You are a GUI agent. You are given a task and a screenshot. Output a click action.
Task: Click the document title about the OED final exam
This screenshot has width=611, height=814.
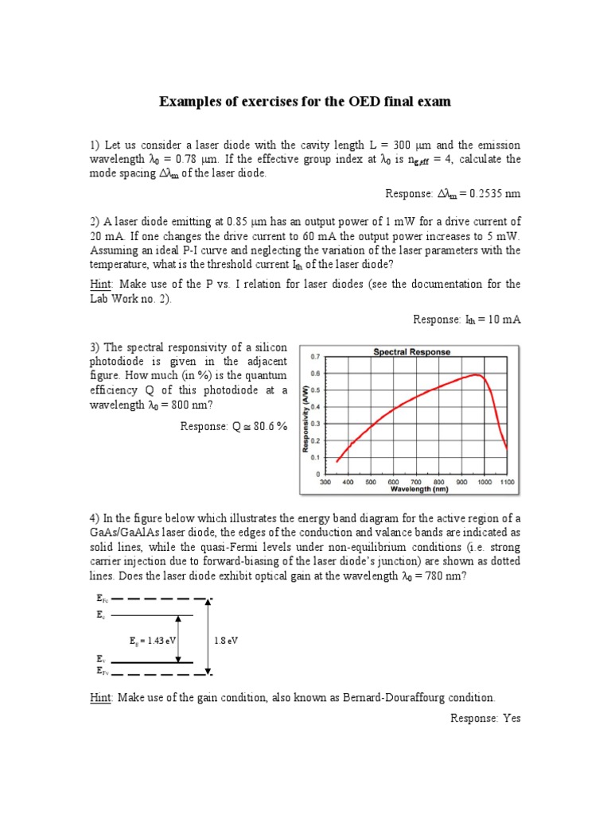tap(305, 101)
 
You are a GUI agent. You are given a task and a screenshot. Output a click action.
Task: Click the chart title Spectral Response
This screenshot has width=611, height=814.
tap(411, 351)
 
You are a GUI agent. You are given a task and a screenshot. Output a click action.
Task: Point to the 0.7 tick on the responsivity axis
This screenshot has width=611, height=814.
tap(315, 357)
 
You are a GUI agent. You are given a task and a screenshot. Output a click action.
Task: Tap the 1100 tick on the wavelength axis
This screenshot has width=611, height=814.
tap(508, 482)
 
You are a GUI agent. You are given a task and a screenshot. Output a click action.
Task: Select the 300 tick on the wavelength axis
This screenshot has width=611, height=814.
tap(325, 482)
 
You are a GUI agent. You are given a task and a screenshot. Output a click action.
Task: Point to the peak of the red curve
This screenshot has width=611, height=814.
tap(476, 374)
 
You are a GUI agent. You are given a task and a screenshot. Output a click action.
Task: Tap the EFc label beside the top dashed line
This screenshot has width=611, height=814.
tap(101, 599)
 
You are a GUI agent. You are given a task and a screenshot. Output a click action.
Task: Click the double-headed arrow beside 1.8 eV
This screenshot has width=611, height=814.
tap(208, 638)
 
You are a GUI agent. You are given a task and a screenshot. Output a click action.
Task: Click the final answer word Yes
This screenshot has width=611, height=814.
tap(510, 718)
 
